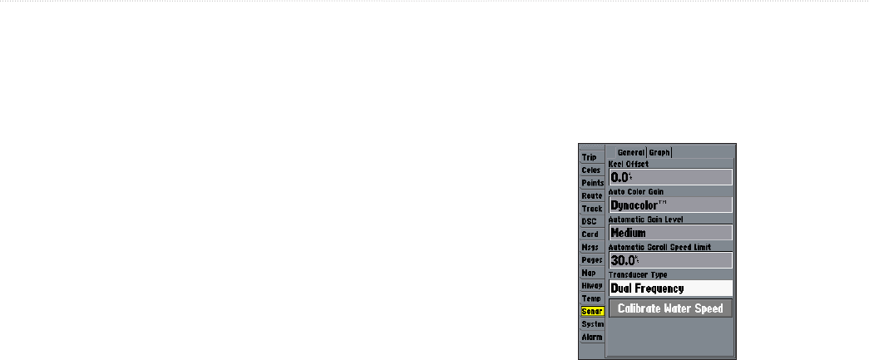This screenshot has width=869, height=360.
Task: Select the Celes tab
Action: pos(590,170)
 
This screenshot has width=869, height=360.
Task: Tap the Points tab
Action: pos(592,183)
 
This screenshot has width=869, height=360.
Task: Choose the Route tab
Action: pos(592,195)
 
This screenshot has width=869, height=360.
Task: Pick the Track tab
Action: pos(592,209)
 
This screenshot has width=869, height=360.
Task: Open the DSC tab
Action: pos(590,221)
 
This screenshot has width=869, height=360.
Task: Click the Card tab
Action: pos(590,234)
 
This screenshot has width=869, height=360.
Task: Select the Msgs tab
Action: pos(590,247)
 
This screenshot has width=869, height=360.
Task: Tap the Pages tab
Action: pos(592,260)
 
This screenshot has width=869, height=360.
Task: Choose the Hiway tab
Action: pos(592,285)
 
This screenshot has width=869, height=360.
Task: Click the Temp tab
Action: pos(590,298)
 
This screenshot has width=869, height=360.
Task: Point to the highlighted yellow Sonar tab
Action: pos(592,311)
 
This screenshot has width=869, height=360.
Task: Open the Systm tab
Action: pos(592,323)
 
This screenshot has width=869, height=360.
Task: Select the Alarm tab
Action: pos(591,337)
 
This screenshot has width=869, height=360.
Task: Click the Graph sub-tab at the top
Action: pos(660,153)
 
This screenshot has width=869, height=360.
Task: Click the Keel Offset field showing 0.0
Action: pos(670,177)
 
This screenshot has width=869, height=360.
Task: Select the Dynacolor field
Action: pos(670,205)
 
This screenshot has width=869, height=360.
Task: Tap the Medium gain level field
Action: pos(670,233)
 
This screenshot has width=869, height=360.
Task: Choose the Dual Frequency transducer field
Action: pos(670,288)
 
